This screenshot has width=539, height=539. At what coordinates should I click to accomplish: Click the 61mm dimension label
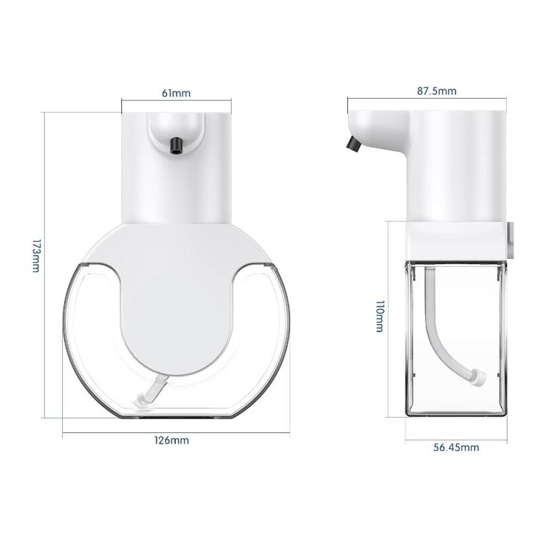tap(176, 93)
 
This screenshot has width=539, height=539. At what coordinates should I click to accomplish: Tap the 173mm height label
tap(36, 256)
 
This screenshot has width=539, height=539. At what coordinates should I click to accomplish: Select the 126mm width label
tap(172, 440)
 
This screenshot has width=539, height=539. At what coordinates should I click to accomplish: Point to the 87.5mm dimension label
tap(437, 91)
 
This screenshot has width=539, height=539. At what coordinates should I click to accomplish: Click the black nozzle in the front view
tap(176, 146)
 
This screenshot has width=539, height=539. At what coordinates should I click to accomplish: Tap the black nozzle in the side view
tap(353, 144)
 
